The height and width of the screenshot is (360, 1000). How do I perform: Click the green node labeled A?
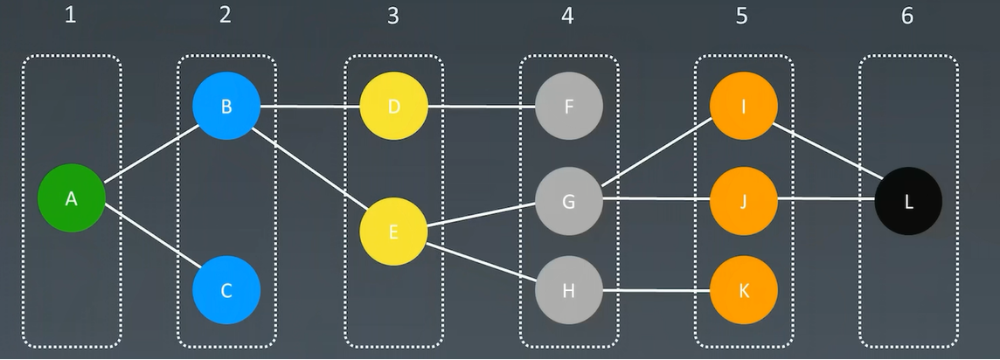coord(72,199)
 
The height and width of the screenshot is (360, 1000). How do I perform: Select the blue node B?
coord(226,107)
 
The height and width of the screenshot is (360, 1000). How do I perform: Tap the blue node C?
coord(226,290)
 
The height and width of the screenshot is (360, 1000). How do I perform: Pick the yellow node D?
coord(393,107)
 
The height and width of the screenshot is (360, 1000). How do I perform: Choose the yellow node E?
coord(393,232)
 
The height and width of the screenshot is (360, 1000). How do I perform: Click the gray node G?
coord(568,201)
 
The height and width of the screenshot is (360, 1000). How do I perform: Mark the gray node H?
coord(568,291)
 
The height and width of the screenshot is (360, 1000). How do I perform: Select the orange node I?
coord(743,107)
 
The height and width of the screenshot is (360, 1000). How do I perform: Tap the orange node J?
coord(743,201)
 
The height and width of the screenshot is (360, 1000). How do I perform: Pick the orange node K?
coord(743,290)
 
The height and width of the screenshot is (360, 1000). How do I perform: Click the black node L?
coord(908,202)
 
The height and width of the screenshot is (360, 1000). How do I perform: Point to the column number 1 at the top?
coord(71,15)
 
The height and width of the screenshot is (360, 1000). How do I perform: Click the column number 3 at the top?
coord(392,15)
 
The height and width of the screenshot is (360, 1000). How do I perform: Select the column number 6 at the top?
coord(907,15)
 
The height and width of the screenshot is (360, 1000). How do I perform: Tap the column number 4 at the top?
coord(567,15)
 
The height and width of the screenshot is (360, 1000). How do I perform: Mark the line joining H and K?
coord(656,290)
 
